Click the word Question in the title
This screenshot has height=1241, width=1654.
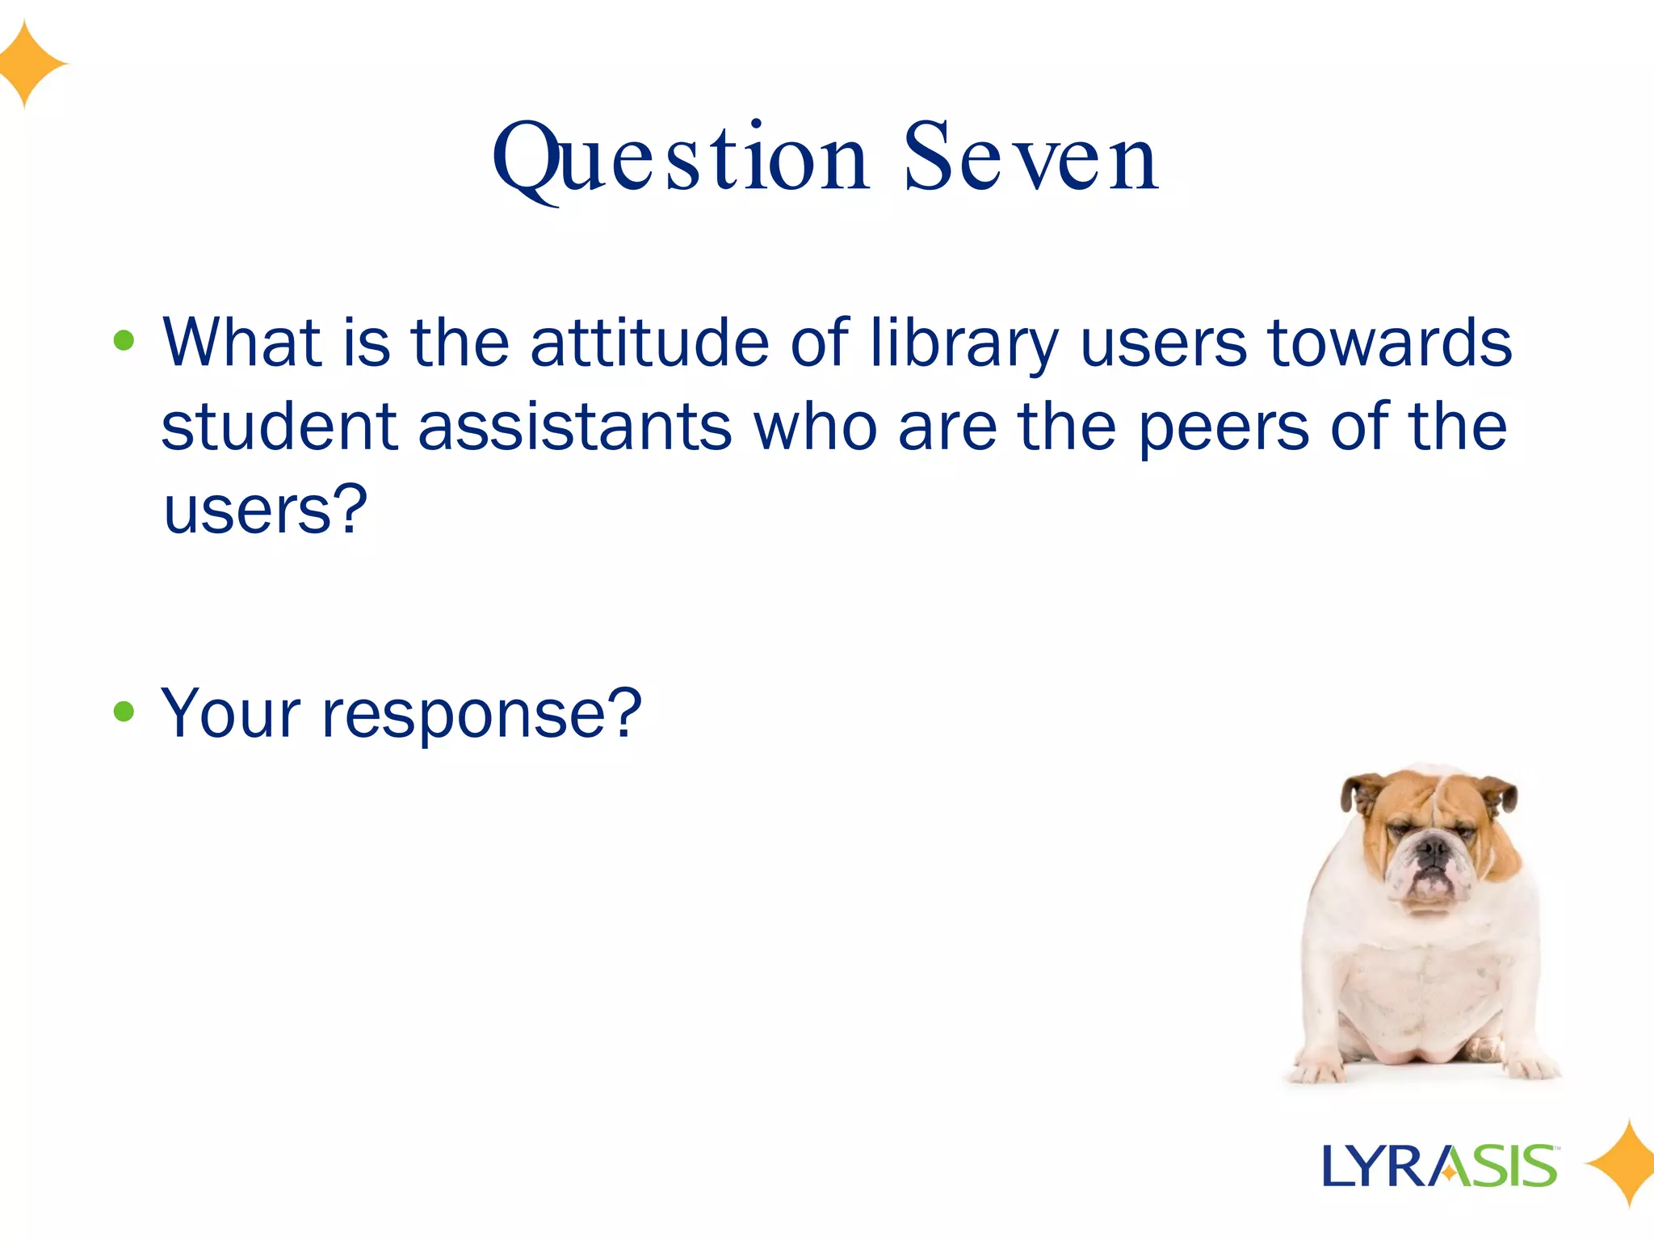point(681,158)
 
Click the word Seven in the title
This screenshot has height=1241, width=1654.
point(1031,158)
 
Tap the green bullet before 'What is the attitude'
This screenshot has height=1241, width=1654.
point(124,341)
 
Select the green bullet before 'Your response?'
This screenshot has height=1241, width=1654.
point(124,712)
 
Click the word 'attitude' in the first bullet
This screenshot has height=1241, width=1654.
point(649,343)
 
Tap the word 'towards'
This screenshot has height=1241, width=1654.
point(1390,343)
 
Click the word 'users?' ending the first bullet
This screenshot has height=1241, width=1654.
point(266,511)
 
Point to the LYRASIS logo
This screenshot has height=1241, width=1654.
point(1440,1166)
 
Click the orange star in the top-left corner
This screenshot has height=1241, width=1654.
point(29,64)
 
